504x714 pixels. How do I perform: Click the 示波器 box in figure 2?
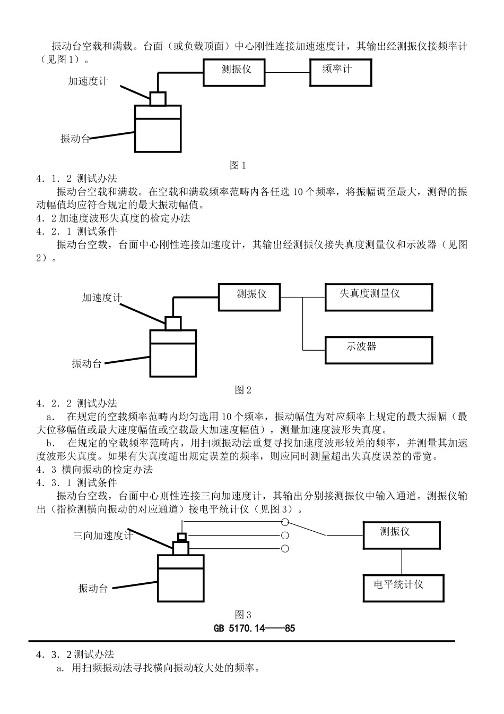click(x=378, y=350)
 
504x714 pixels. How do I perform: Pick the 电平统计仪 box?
click(x=401, y=588)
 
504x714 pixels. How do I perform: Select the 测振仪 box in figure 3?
click(x=401, y=535)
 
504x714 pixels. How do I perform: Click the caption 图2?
click(x=243, y=390)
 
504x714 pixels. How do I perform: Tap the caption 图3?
click(x=243, y=615)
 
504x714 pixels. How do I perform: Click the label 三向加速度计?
click(x=103, y=536)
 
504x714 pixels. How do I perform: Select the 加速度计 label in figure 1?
click(x=88, y=81)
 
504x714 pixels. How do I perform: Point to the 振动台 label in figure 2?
click(x=86, y=364)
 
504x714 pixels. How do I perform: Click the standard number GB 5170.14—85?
click(x=255, y=628)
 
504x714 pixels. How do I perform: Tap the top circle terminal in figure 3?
click(x=285, y=522)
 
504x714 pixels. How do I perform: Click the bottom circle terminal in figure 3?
click(x=285, y=549)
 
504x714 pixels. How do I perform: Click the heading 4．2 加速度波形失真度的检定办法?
click(x=113, y=218)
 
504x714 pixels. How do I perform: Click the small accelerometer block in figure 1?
click(x=158, y=99)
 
